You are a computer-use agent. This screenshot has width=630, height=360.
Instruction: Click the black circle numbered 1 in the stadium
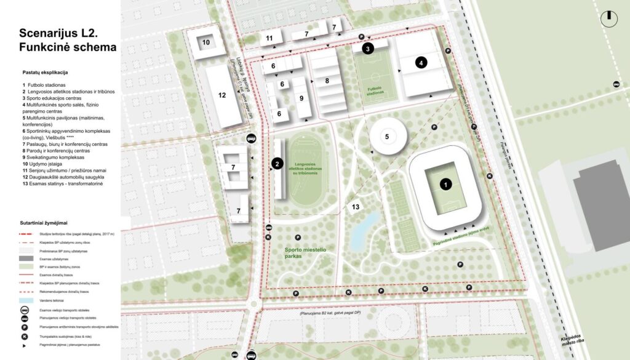[x=445, y=183]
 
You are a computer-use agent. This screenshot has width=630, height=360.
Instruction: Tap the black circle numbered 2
[x=277, y=164]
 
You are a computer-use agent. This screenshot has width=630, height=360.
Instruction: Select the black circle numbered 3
[x=368, y=49]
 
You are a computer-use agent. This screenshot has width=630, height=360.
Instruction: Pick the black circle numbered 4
[x=421, y=62]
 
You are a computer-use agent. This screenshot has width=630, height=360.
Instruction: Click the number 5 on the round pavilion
[x=387, y=136]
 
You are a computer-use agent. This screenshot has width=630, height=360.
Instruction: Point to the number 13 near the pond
[x=355, y=207]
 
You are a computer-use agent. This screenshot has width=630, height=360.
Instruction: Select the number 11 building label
[x=269, y=38]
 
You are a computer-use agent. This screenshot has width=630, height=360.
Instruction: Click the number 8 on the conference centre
[x=327, y=81]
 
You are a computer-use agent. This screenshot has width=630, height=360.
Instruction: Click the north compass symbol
[x=609, y=17]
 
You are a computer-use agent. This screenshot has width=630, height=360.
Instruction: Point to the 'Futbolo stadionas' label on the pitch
[x=375, y=91]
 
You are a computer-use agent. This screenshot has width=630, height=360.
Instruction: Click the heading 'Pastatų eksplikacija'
[x=45, y=73]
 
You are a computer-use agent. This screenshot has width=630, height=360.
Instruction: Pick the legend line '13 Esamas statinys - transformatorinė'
[x=66, y=183]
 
